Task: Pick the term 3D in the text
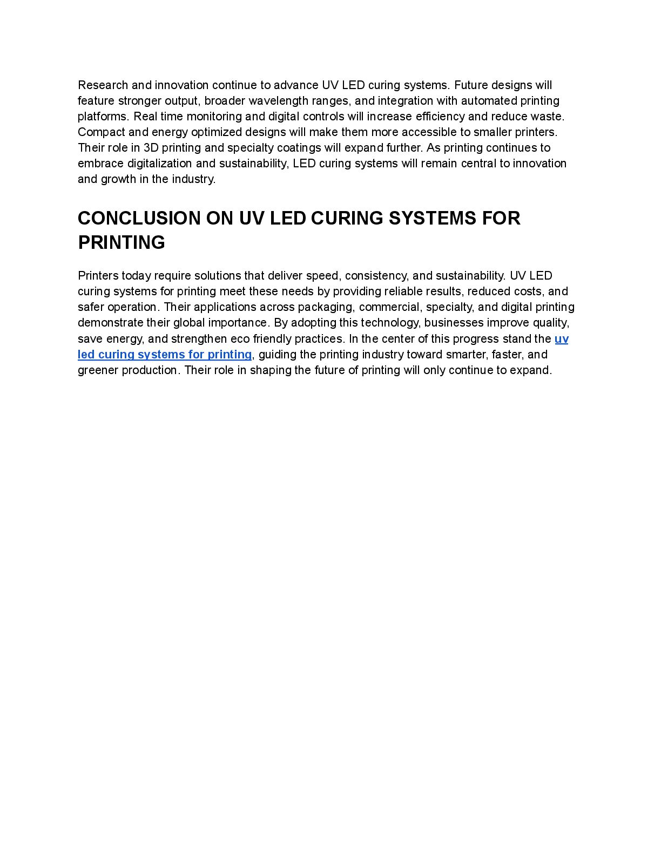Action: click(x=151, y=148)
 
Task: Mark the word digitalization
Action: click(x=160, y=164)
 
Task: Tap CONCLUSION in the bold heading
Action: click(x=139, y=218)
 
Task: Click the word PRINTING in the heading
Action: click(x=122, y=242)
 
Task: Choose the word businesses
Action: click(x=457, y=323)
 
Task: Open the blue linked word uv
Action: click(x=561, y=339)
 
